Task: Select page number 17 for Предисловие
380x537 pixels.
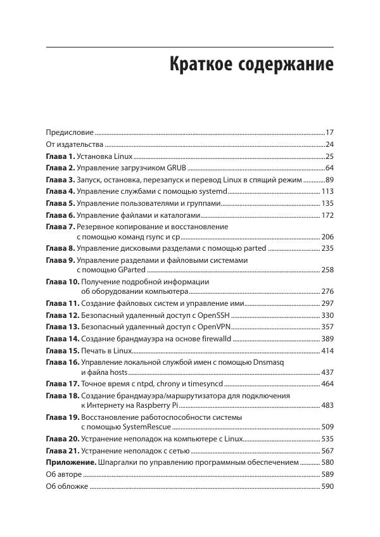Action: [329, 132]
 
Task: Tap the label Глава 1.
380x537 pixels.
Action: [60, 156]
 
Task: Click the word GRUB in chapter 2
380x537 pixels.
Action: [176, 168]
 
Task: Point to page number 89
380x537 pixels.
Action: [329, 180]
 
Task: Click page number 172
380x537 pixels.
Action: [327, 215]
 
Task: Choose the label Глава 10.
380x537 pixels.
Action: [62, 282]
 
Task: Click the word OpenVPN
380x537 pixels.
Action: [215, 327]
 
